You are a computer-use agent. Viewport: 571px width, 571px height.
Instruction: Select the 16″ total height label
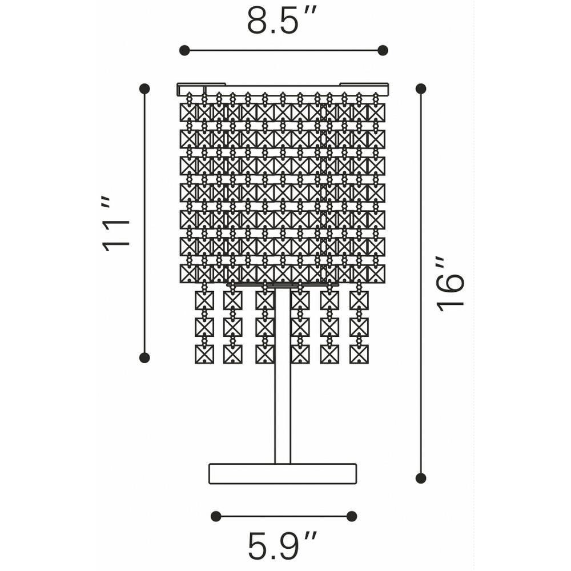point(451,284)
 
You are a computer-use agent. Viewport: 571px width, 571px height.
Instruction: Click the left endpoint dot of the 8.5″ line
point(184,50)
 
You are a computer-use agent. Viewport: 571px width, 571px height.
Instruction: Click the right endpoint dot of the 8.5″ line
point(383,50)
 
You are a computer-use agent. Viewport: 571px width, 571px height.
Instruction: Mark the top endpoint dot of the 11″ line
point(144,89)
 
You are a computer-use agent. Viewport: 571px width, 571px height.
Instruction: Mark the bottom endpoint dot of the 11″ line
point(144,357)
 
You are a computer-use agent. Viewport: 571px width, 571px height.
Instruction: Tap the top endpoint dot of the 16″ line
point(421,89)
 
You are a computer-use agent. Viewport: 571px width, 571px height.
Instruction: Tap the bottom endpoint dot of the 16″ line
point(421,478)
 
